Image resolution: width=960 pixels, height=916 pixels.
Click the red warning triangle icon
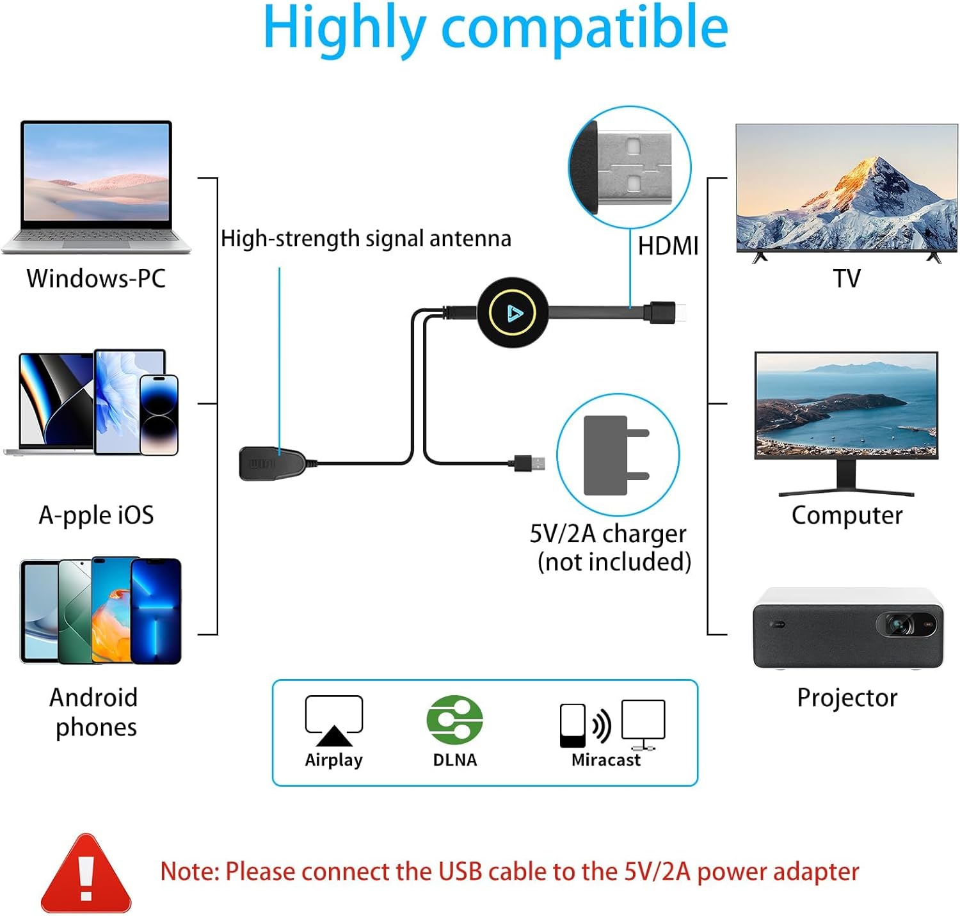(x=86, y=874)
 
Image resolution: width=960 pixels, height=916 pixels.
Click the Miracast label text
(x=605, y=760)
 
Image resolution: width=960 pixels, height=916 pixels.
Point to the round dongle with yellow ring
(x=513, y=312)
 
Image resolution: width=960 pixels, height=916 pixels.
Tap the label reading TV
(x=846, y=278)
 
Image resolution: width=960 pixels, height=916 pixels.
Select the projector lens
(x=900, y=623)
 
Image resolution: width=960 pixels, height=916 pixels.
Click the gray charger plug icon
(x=614, y=455)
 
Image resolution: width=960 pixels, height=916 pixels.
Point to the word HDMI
(x=668, y=246)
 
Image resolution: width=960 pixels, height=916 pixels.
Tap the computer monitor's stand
(x=846, y=480)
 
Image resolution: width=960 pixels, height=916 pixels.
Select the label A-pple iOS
(x=96, y=515)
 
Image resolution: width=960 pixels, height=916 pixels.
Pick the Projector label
(x=846, y=698)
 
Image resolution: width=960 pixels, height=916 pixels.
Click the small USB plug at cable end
(x=531, y=463)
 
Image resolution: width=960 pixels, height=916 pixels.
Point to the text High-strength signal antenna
(x=365, y=239)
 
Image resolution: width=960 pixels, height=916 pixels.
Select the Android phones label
(x=95, y=712)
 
